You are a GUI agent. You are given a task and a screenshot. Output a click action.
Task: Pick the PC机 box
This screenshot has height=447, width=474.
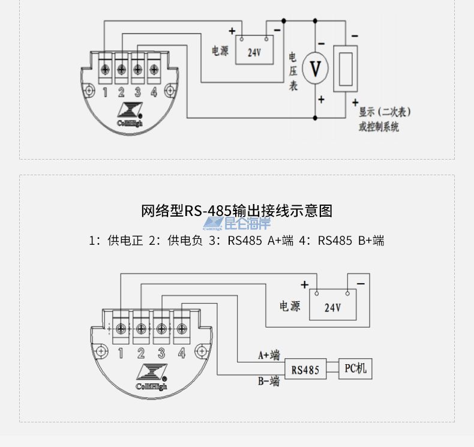[x=355, y=368]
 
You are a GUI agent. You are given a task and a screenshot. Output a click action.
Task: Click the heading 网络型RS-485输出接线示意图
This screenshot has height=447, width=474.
[x=236, y=211]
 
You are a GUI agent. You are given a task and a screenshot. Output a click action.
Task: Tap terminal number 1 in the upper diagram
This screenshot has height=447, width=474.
[x=105, y=92]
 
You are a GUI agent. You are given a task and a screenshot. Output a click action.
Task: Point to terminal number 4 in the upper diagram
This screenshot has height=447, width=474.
[x=154, y=92]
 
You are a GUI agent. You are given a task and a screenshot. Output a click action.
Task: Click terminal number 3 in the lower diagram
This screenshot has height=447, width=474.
[x=161, y=353]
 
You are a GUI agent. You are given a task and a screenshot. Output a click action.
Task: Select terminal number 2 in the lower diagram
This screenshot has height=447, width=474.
[x=141, y=353]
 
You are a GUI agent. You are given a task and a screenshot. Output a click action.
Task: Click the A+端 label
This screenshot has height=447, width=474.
[x=269, y=355]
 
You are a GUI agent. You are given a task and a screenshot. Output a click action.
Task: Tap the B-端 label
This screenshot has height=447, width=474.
[x=269, y=381]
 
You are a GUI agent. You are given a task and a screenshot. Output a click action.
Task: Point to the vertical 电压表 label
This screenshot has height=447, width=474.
[x=293, y=71]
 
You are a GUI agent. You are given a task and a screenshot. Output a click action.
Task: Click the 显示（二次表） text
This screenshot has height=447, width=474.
[x=385, y=112]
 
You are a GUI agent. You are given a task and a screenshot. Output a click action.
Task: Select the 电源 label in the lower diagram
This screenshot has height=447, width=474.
[x=290, y=306]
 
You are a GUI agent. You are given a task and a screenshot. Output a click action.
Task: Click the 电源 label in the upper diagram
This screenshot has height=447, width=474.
[x=220, y=51]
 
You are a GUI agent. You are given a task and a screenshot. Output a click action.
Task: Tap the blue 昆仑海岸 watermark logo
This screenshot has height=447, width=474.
[x=237, y=224]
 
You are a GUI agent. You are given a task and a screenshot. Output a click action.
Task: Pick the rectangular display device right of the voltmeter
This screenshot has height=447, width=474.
[x=345, y=68]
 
